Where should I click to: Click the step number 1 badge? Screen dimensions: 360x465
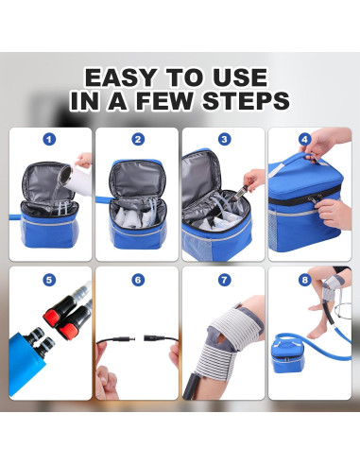(x=49, y=139)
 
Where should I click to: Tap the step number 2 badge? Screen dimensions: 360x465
(x=138, y=139)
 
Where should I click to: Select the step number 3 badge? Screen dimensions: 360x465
(x=224, y=139)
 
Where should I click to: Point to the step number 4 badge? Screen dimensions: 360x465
(x=304, y=139)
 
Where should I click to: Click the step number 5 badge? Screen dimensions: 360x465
(x=49, y=280)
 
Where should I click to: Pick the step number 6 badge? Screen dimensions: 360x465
(x=138, y=280)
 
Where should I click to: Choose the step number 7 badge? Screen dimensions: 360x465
(x=224, y=280)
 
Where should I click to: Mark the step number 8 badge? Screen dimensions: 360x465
(x=304, y=280)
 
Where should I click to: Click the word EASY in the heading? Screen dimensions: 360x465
(x=121, y=77)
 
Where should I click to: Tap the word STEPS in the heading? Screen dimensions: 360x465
(x=246, y=101)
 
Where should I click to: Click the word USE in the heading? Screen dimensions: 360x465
(x=240, y=77)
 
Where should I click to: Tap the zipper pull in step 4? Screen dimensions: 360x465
(x=319, y=198)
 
